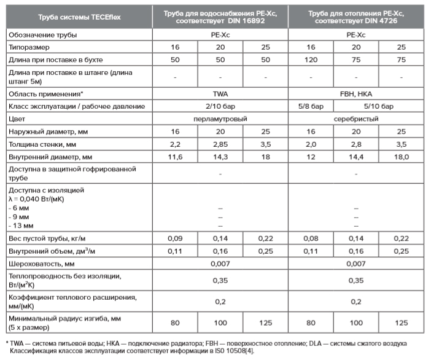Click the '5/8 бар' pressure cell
(311, 106)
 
